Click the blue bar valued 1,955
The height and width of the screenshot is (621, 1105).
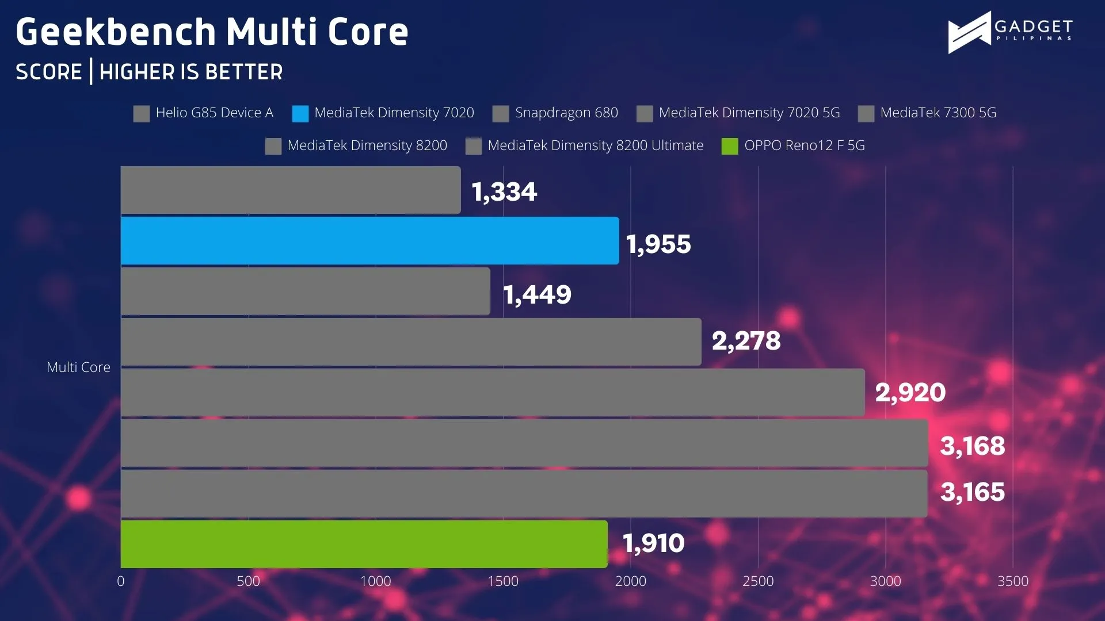[370, 241]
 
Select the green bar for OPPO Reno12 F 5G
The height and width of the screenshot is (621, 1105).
[364, 544]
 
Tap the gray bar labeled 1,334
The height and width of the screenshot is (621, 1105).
[291, 190]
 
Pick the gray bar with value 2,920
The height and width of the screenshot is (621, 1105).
[493, 392]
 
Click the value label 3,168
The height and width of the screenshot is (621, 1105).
[973, 446]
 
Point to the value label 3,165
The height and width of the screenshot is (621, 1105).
[973, 492]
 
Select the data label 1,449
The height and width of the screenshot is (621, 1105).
[538, 295]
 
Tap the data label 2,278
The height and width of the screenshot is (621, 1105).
[746, 341]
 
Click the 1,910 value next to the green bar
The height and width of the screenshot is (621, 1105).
[654, 543]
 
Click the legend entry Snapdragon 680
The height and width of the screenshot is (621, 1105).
[555, 113]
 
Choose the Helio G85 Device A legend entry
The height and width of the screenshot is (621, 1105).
[203, 113]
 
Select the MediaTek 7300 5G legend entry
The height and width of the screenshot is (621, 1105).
[927, 113]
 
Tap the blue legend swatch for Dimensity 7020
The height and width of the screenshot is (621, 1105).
[300, 114]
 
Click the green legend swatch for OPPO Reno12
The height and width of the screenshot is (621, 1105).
[730, 147]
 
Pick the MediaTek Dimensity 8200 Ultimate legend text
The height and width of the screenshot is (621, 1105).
[596, 145]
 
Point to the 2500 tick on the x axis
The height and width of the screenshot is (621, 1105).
[758, 581]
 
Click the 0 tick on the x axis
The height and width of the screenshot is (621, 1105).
[121, 581]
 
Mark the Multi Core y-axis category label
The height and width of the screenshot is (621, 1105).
[78, 367]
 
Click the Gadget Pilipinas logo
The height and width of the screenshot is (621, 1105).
[1010, 33]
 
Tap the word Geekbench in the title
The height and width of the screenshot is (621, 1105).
[115, 32]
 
